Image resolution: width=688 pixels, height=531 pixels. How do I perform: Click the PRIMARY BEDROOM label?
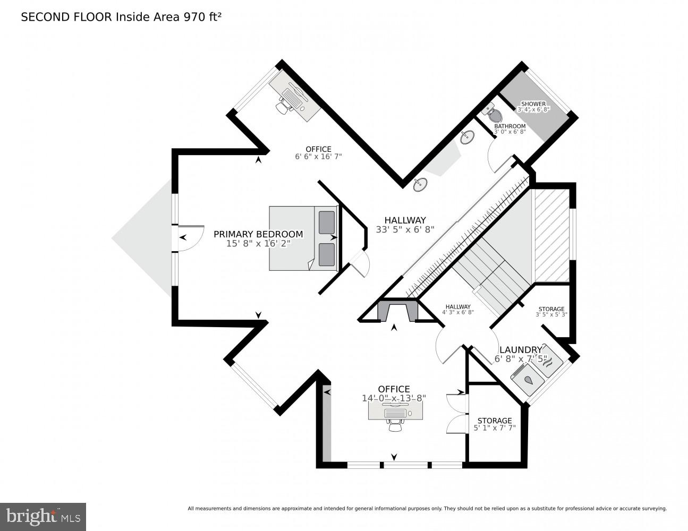pyautogui.click(x=258, y=234)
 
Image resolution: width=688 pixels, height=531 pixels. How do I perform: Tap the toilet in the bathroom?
pyautogui.click(x=494, y=114)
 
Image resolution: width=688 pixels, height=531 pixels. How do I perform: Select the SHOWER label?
pyautogui.click(x=533, y=104)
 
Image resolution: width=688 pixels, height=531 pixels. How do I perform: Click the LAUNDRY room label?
pyautogui.click(x=520, y=349)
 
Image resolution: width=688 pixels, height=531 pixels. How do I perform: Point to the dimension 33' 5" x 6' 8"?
pyautogui.click(x=405, y=230)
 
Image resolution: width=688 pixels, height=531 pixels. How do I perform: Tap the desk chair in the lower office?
pyautogui.click(x=395, y=425)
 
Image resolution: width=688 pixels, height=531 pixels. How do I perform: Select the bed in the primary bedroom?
pyautogui.click(x=303, y=238)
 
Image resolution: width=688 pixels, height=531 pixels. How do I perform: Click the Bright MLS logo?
pyautogui.click(x=43, y=517)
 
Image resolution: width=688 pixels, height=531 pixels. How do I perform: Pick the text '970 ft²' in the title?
pyautogui.click(x=202, y=17)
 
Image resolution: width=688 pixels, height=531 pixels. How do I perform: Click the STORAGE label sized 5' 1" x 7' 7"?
pyautogui.click(x=494, y=421)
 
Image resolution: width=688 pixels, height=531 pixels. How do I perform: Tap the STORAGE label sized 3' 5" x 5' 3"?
pyautogui.click(x=551, y=309)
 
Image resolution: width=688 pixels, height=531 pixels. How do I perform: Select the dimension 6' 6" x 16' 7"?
pyautogui.click(x=318, y=157)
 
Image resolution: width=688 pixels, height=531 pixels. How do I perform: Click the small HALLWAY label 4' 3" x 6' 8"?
pyautogui.click(x=458, y=306)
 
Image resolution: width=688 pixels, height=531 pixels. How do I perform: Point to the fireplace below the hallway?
pyautogui.click(x=394, y=310)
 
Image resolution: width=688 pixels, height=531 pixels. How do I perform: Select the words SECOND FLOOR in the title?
pyautogui.click(x=66, y=17)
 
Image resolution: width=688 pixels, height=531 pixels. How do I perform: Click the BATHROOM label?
pyautogui.click(x=509, y=126)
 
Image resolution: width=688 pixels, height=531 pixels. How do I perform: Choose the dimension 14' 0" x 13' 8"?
pyautogui.click(x=394, y=398)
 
